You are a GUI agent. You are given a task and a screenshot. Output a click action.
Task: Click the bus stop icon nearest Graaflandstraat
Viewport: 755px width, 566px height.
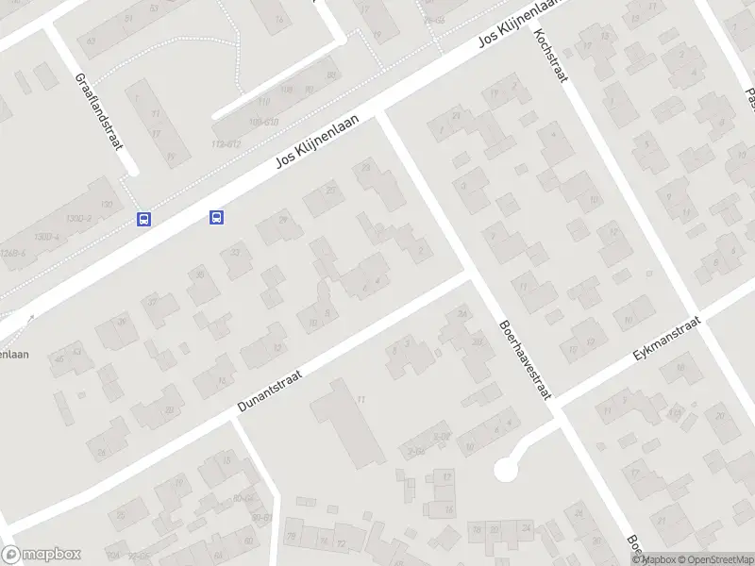(x=143, y=219)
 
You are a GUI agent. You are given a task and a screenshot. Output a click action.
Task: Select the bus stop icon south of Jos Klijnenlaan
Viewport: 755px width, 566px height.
(x=216, y=218)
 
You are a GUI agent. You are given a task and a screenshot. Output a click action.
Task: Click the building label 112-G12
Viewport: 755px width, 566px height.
(x=226, y=144)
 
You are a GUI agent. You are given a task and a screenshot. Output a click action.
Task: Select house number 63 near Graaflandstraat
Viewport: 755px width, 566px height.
(x=90, y=41)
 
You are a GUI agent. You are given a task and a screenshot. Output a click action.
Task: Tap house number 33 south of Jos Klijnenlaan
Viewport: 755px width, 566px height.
(x=233, y=252)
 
